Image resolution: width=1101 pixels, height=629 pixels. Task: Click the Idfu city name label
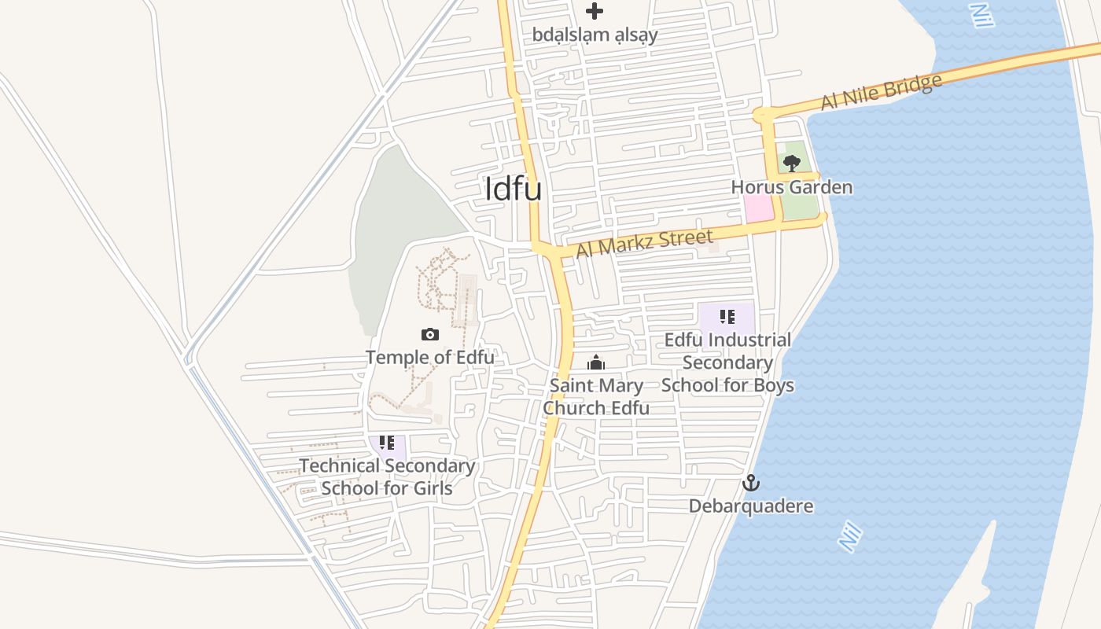click(x=514, y=189)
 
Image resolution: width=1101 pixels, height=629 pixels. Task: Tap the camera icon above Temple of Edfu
click(x=429, y=335)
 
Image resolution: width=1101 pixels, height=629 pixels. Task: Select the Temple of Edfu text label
click(x=430, y=357)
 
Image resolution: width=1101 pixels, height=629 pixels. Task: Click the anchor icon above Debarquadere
click(x=751, y=483)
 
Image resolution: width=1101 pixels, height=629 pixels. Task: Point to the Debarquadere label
click(x=751, y=506)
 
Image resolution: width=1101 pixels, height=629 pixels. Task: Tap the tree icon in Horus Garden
click(x=792, y=163)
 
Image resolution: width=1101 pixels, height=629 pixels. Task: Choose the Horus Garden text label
click(x=791, y=187)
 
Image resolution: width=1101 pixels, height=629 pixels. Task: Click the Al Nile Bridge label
click(x=881, y=92)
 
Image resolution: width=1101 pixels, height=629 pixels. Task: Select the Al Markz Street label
click(x=645, y=242)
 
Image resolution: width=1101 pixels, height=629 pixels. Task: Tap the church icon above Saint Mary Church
click(x=596, y=363)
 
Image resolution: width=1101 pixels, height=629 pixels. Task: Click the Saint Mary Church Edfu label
click(x=596, y=397)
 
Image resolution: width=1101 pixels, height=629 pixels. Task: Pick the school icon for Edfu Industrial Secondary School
click(x=727, y=317)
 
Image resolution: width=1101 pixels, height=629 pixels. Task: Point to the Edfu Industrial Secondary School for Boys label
click(x=727, y=362)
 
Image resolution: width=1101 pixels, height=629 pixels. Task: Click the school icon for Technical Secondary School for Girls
click(x=386, y=443)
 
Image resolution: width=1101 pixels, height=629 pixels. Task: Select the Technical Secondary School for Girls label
click(x=387, y=476)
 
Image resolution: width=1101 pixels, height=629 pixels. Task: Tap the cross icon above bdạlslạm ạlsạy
click(x=595, y=11)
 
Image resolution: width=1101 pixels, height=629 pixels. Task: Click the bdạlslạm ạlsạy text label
click(x=595, y=35)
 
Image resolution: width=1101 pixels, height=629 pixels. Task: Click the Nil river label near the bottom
click(x=850, y=537)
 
